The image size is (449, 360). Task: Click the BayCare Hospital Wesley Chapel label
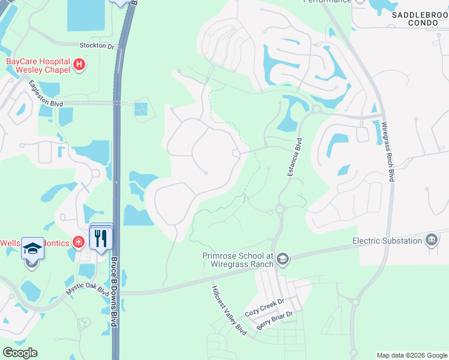(38, 65)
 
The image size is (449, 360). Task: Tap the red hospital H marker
(79, 64)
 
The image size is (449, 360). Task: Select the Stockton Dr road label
(97, 46)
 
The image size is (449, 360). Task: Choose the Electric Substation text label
(387, 241)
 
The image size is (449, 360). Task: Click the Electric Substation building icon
(431, 241)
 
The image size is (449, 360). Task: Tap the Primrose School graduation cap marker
(283, 259)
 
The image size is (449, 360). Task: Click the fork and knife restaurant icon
(101, 238)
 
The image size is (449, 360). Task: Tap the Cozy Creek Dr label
(264, 307)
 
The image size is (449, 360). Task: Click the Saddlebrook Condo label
(420, 17)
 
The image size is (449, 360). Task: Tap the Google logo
(20, 353)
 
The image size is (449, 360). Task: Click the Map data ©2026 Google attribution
(411, 355)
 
